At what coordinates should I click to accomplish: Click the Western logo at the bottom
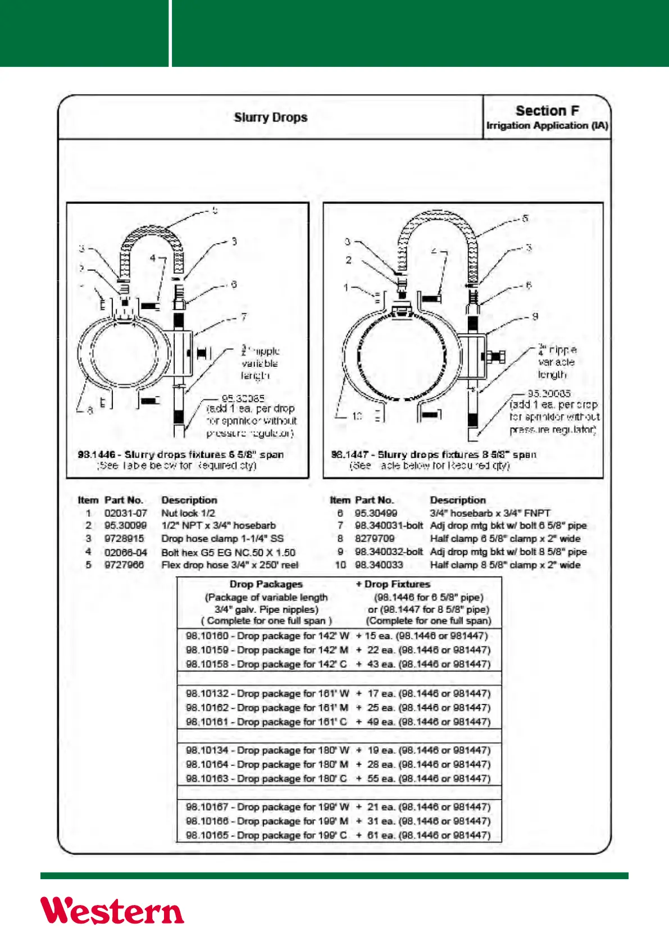coord(112,910)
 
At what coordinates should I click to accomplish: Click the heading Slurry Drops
coord(271,117)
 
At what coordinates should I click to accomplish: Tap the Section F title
coord(547,111)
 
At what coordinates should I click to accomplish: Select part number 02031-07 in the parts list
coord(126,513)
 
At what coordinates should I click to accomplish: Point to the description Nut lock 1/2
coord(188,513)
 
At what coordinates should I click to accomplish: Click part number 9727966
coord(124,565)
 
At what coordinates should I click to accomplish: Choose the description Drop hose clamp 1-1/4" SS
coord(222,539)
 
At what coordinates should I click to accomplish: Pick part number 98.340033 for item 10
coord(379,565)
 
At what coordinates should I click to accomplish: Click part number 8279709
coord(375,539)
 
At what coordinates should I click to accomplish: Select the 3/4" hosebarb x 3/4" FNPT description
coord(490,513)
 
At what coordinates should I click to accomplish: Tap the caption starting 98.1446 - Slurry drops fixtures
coord(181,454)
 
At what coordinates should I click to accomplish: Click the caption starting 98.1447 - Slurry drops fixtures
coord(434,454)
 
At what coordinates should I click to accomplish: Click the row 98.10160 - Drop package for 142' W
coord(267,636)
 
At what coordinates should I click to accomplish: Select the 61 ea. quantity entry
coord(381,835)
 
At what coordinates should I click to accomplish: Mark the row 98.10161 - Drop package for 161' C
coord(267,722)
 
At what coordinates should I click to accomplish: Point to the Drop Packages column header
coord(266,584)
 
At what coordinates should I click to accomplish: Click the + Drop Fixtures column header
coord(393,584)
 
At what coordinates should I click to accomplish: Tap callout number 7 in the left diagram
coord(244,317)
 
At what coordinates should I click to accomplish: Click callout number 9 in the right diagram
coord(535,316)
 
